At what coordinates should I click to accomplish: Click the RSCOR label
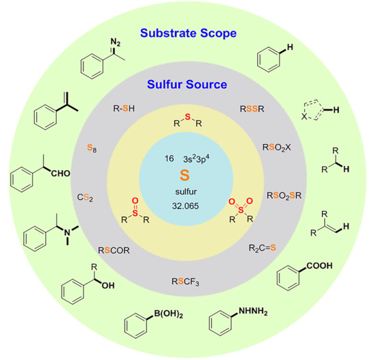(x=114, y=251)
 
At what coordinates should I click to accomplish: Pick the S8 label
(x=91, y=146)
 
